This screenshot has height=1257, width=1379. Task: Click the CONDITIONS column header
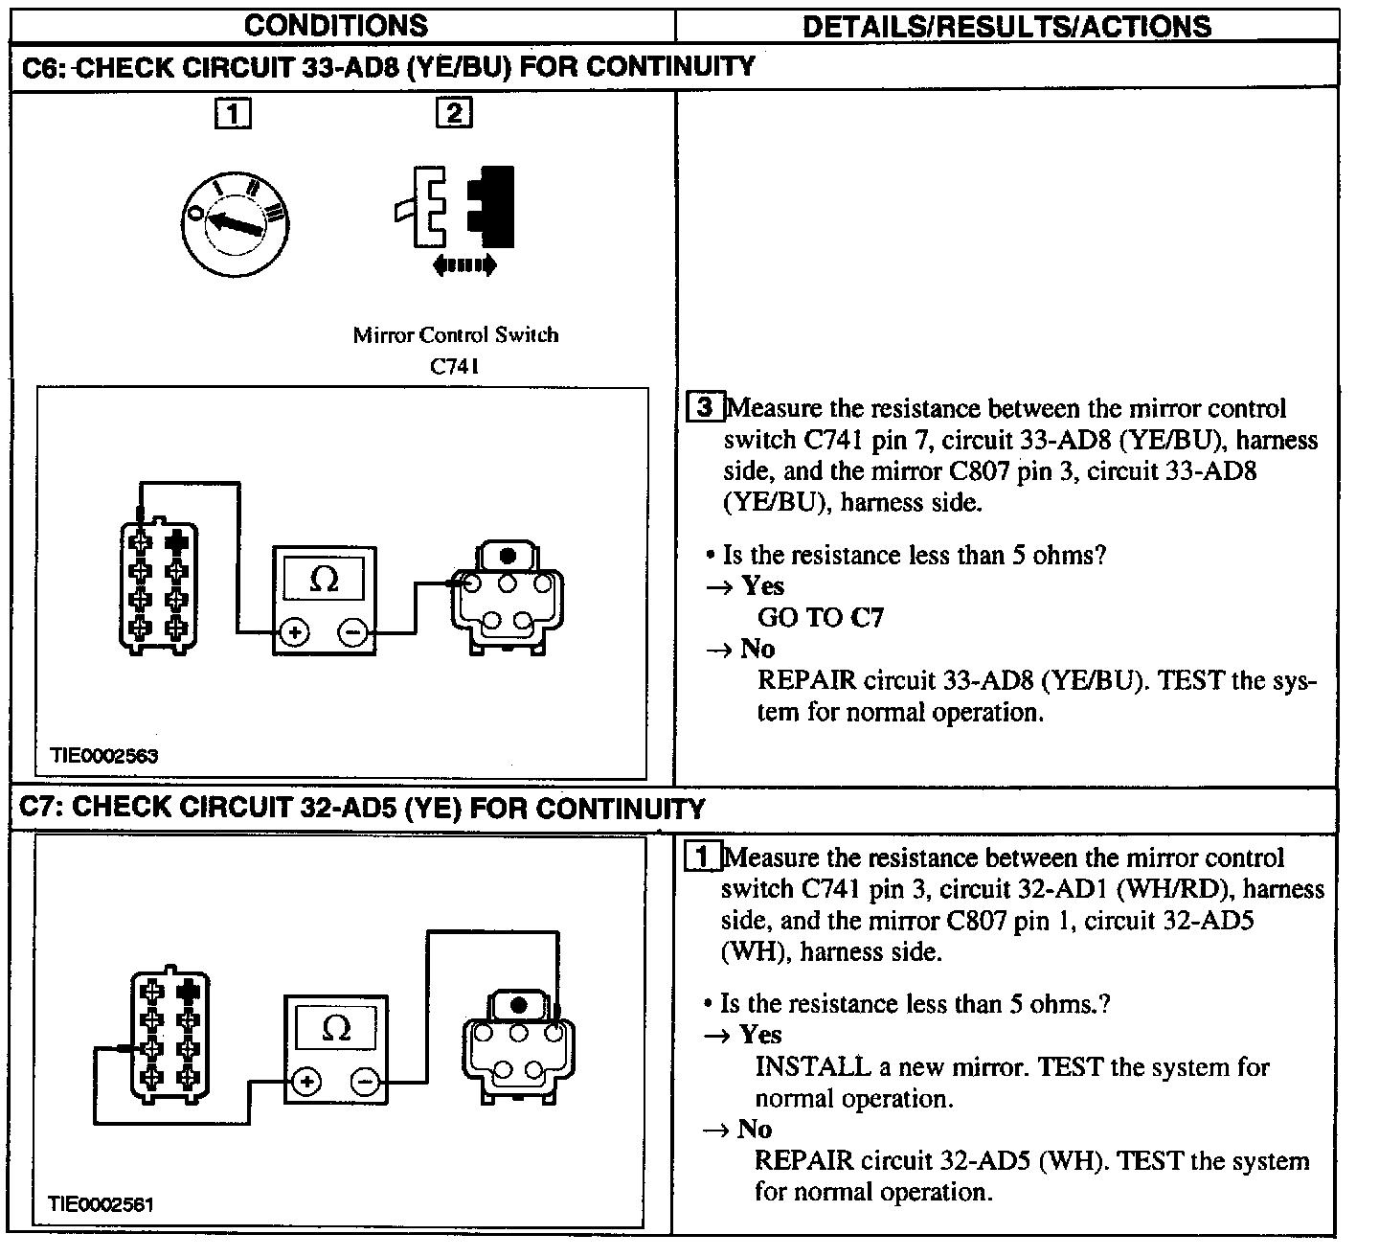336,25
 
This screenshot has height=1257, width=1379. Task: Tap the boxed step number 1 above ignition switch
234,114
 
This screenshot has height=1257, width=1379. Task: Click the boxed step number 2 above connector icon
453,113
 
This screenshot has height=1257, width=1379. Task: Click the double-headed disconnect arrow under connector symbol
464,265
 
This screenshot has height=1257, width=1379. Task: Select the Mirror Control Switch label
455,335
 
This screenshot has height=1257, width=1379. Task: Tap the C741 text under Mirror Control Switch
455,366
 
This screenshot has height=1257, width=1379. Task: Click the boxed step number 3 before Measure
706,407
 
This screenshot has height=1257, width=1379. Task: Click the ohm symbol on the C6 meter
325,580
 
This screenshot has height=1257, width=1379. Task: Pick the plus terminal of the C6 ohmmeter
294,632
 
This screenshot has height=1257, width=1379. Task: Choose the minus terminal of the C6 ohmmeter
352,632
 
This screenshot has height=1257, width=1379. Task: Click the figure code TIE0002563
104,756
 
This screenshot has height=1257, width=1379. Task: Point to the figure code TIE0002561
102,1204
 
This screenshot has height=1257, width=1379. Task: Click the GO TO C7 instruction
821,618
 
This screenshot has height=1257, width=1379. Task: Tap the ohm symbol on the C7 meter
336,1028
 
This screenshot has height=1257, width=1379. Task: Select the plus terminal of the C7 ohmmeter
306,1083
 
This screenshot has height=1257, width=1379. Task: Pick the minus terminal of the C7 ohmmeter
365,1083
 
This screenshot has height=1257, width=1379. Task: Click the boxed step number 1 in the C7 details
704,857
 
